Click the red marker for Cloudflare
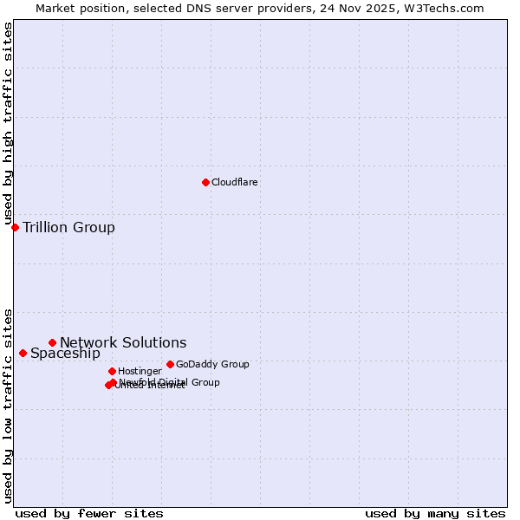[205, 182]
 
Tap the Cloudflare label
[235, 182]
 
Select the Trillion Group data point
[15, 227]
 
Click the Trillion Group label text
[68, 228]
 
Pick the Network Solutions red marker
[52, 342]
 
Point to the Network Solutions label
[123, 343]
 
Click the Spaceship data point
[23, 353]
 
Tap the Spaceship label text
[65, 354]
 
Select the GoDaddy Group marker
[170, 364]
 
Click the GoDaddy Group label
[212, 365]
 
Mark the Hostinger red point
[112, 371]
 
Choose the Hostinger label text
[140, 371]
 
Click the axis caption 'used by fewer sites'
[89, 513]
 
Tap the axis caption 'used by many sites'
[435, 513]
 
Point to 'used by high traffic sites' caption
[9, 124]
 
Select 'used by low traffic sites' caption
[9, 406]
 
